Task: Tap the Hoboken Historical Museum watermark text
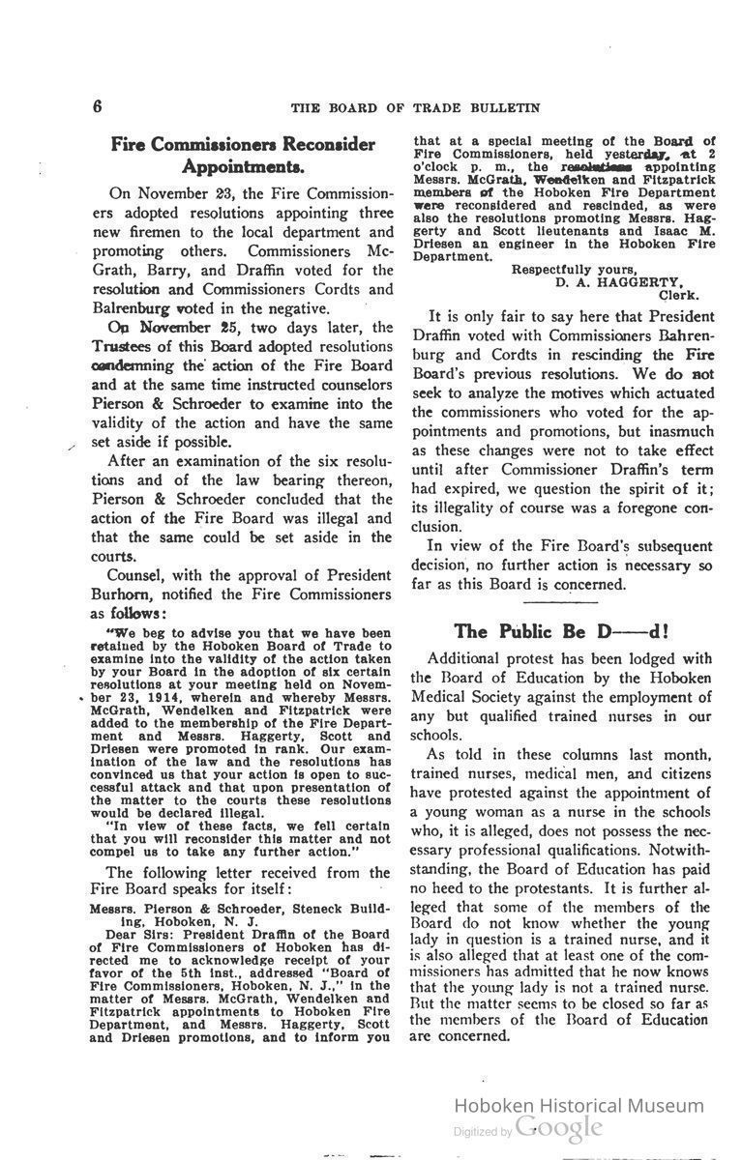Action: pos(579,1105)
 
